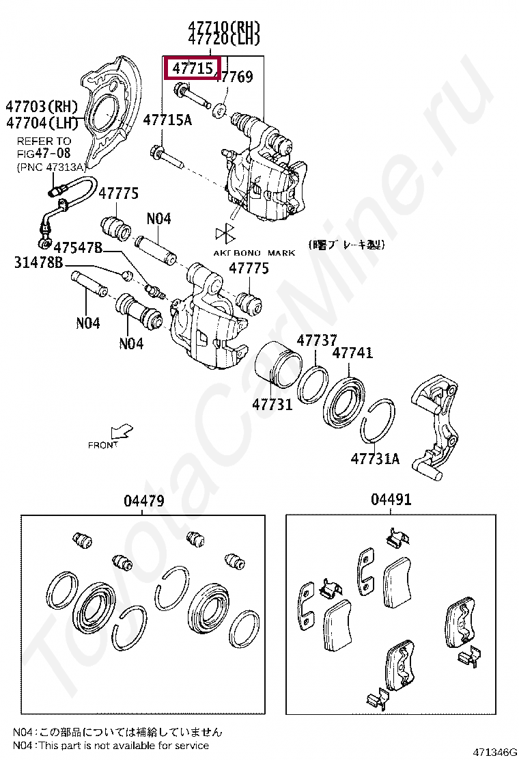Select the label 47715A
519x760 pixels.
(x=167, y=120)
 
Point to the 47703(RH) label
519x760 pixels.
(x=42, y=107)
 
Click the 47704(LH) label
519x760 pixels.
(x=42, y=123)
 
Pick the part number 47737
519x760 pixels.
(x=316, y=340)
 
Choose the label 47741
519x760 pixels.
(x=352, y=353)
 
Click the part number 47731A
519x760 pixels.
(x=375, y=459)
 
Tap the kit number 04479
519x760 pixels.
(x=144, y=501)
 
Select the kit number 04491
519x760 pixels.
(x=391, y=500)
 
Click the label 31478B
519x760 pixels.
(x=38, y=262)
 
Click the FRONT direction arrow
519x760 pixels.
(x=123, y=431)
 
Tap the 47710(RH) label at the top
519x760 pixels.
(x=225, y=27)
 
